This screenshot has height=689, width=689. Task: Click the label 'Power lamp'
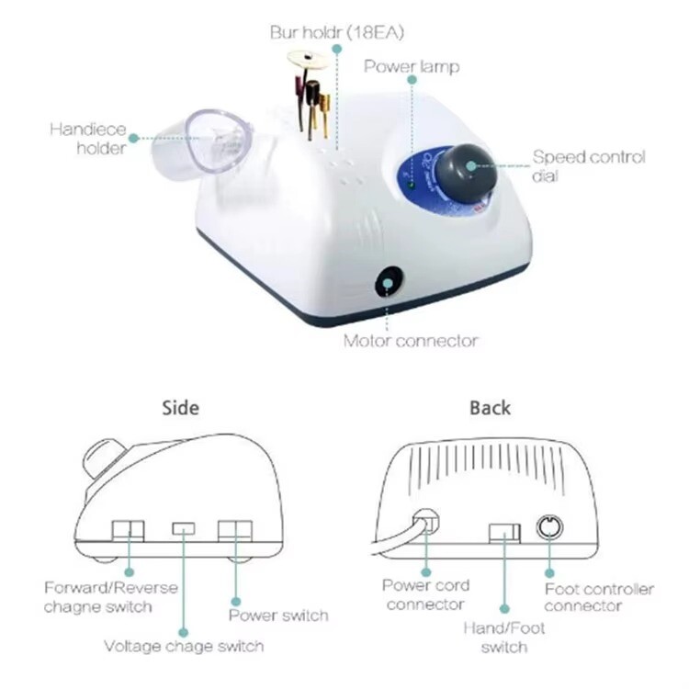pyautogui.click(x=412, y=67)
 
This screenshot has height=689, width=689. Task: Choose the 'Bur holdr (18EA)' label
pyautogui.click(x=336, y=32)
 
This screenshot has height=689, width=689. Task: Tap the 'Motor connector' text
pyautogui.click(x=411, y=341)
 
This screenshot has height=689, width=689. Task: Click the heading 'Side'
pyautogui.click(x=181, y=408)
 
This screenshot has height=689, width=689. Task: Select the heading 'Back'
pyautogui.click(x=490, y=408)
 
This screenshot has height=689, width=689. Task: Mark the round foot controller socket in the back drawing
pyautogui.click(x=549, y=526)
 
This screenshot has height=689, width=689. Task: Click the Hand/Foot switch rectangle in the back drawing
pyautogui.click(x=504, y=533)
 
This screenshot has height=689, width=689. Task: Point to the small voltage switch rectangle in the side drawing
pyautogui.click(x=183, y=528)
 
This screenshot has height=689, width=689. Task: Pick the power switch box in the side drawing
pyautogui.click(x=235, y=531)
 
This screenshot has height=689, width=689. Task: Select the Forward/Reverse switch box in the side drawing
pyautogui.click(x=128, y=531)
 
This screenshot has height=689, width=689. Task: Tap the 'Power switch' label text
pyautogui.click(x=278, y=616)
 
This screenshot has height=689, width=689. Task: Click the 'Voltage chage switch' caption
pyautogui.click(x=184, y=647)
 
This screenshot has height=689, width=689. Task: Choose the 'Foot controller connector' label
pyautogui.click(x=599, y=597)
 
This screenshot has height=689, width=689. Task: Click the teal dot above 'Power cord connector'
pyautogui.click(x=425, y=572)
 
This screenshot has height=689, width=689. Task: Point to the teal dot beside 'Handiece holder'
pyautogui.click(x=133, y=139)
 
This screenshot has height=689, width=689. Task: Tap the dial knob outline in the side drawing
pyautogui.click(x=104, y=459)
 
